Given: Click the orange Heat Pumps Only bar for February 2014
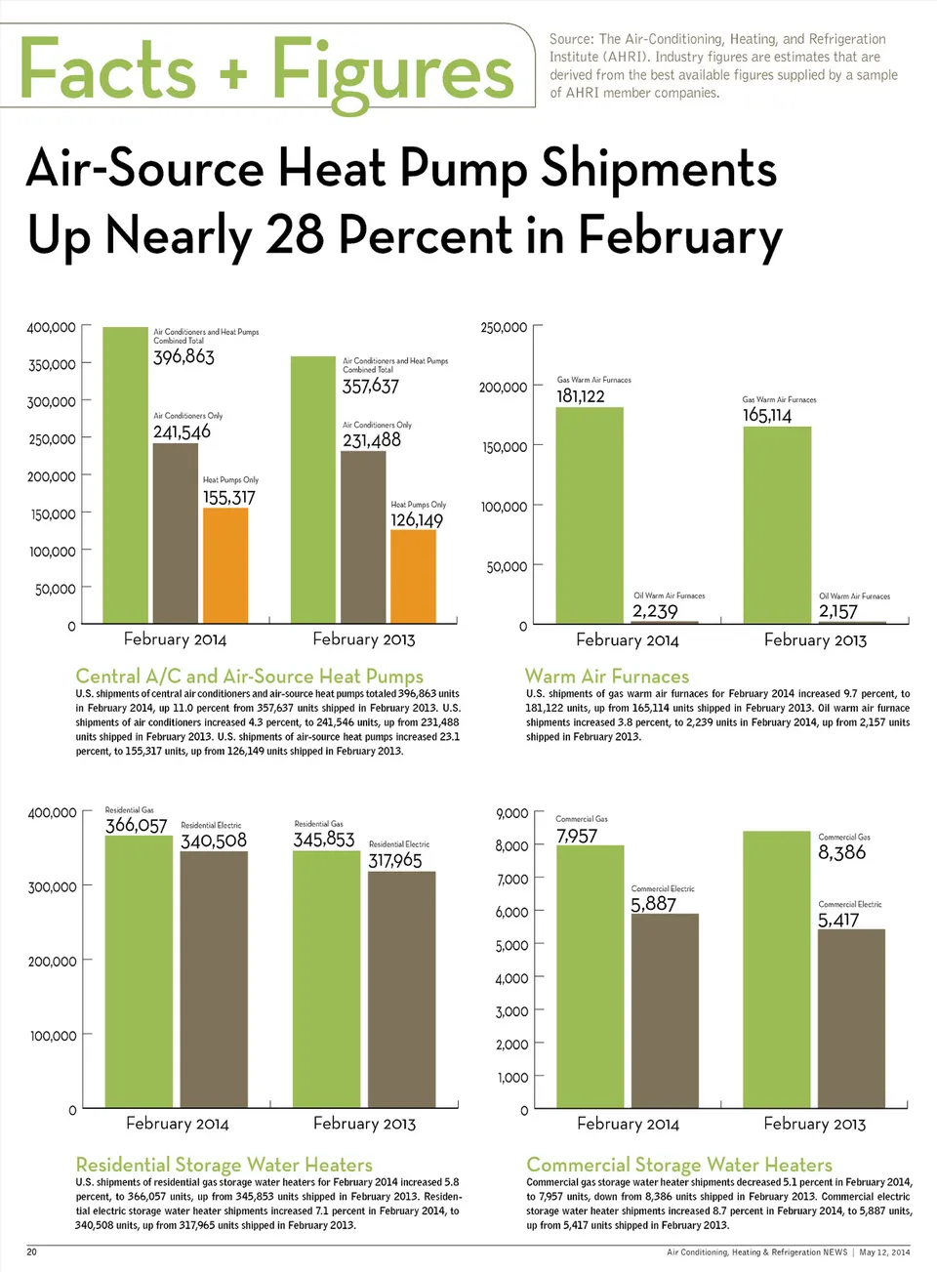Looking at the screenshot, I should pos(225,565).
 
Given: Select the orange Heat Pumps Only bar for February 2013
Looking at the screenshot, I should pos(413,576).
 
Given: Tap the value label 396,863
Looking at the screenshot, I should pos(183,357).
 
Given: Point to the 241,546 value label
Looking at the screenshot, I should pos(182,431).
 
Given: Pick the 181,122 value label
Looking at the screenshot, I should pos(581,396).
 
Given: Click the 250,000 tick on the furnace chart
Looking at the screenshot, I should pos(504,328).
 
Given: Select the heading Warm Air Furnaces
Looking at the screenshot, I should pos(607,677).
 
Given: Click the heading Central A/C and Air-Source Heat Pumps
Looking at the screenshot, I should pos(250,677).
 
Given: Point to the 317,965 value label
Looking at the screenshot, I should pos(395,861).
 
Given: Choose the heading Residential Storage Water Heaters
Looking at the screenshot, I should pos(224,1165).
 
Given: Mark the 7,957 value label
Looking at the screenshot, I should pos(577,837).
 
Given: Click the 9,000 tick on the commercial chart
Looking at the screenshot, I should pos(512,813).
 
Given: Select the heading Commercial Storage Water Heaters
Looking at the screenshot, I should pos(679,1165).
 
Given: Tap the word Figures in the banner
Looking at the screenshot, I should pos(392,72).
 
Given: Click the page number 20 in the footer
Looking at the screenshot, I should pos(31,1251).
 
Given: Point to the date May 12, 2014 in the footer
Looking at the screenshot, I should pos(884,1252).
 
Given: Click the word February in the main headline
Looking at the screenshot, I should pos(679,236).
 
